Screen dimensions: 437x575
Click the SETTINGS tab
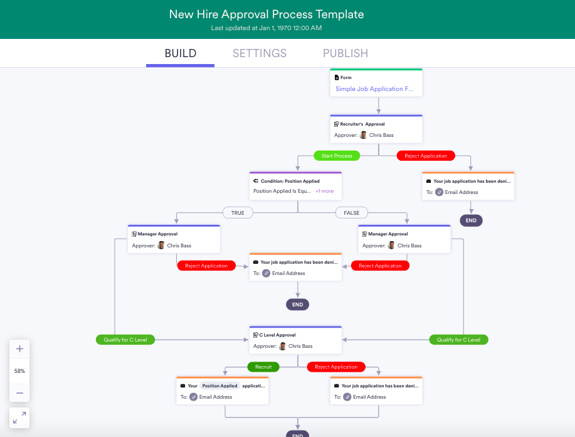260,54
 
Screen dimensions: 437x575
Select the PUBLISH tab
346,54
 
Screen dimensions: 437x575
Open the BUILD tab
181,54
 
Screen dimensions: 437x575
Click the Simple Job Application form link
374,89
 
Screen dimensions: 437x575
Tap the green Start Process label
337,156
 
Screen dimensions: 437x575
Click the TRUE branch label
238,213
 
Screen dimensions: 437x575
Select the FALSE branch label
352,213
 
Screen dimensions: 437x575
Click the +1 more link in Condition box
324,191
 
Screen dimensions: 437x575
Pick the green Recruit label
263,367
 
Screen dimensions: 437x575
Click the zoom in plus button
19,349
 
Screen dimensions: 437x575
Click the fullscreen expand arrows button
19,418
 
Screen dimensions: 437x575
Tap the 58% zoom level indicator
19,371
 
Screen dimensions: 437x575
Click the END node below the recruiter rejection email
471,220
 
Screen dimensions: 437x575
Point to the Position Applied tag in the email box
219,386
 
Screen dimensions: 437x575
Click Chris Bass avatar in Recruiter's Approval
363,135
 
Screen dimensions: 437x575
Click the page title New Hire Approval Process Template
266,14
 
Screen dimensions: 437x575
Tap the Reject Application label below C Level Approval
336,367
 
